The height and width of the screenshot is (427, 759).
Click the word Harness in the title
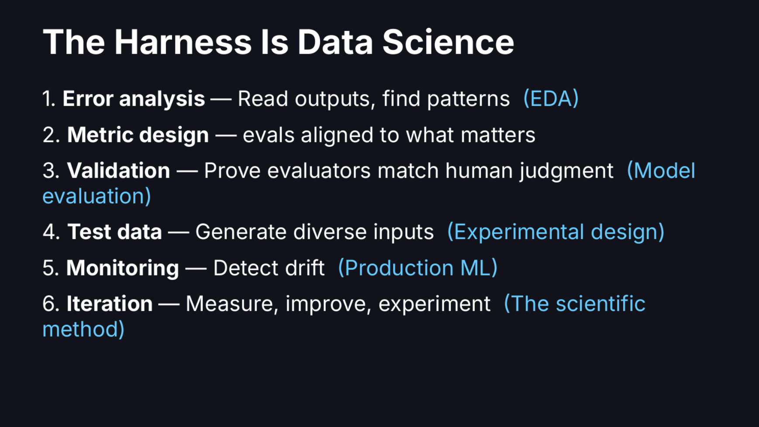[183, 42]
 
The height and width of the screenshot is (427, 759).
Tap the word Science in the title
[448, 42]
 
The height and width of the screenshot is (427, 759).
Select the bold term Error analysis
[134, 99]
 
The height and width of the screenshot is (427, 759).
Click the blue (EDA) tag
[551, 99]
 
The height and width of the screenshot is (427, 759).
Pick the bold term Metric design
[138, 135]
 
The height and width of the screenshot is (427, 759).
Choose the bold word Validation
[118, 170]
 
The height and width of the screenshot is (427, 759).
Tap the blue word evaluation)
[97, 196]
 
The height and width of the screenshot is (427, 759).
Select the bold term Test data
[114, 232]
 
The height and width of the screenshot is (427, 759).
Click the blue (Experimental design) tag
[555, 232]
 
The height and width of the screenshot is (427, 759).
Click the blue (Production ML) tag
[417, 268]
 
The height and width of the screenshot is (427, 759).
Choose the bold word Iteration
[109, 303]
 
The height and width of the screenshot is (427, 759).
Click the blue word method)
[83, 329]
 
